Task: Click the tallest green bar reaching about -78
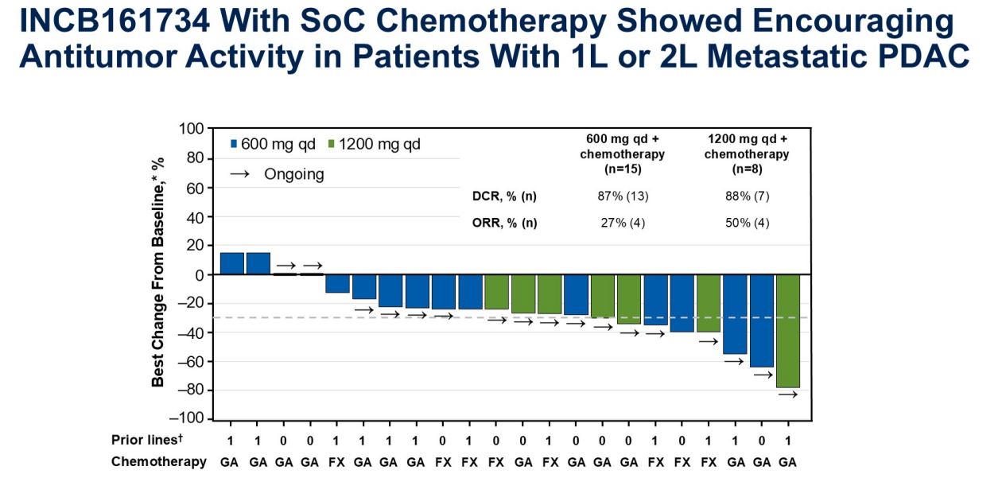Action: tap(787, 331)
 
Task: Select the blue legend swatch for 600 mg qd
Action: tap(234, 144)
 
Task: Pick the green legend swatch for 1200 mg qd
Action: tap(332, 144)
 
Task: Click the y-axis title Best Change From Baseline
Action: tap(158, 273)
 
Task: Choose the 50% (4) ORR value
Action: tap(747, 223)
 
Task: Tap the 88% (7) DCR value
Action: tap(747, 196)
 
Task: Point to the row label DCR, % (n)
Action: tap(504, 196)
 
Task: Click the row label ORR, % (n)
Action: tap(504, 223)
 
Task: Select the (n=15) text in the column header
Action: tap(622, 169)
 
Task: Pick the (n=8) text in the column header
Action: tap(747, 169)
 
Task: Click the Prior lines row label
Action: tap(145, 440)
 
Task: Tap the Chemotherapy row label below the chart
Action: tap(158, 461)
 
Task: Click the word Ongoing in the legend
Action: tap(294, 174)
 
